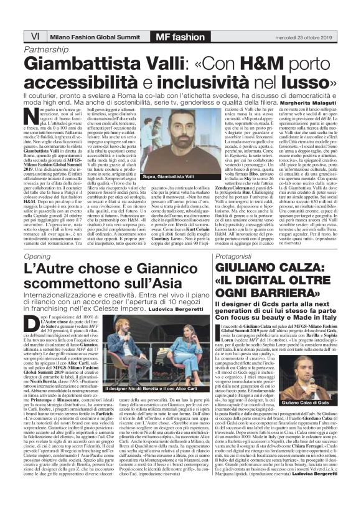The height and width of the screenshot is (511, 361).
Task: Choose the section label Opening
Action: point(37,256)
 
